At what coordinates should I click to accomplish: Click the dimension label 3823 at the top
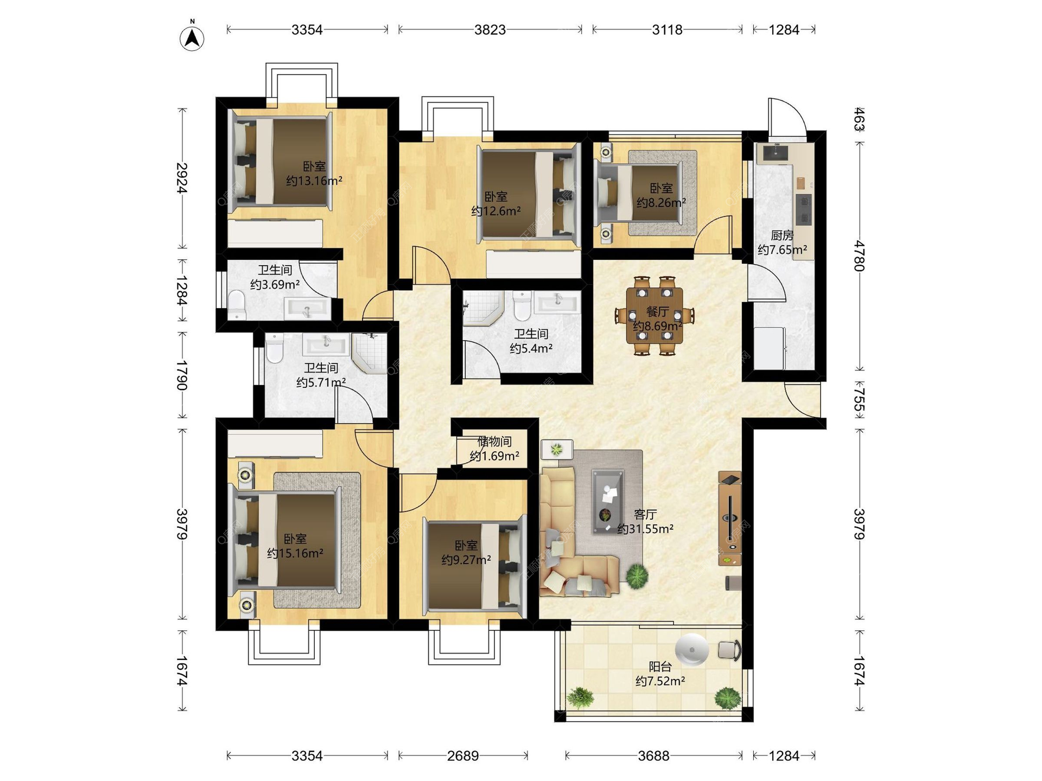[490, 30]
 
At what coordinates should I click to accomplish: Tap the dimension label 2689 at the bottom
[463, 756]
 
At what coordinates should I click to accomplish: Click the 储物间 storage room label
[494, 441]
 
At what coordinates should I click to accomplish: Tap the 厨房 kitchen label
[782, 235]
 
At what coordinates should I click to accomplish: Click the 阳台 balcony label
[660, 667]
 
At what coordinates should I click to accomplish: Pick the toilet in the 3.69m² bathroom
[237, 305]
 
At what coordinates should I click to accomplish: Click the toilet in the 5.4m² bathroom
[522, 306]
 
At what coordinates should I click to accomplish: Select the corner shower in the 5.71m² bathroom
[370, 353]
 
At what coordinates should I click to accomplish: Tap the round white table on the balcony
[692, 649]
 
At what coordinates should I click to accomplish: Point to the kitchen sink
[776, 152]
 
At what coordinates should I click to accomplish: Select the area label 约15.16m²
[295, 553]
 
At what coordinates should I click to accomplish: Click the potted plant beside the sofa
[637, 576]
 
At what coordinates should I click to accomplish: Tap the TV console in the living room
[730, 518]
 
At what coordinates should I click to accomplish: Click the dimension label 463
[859, 119]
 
